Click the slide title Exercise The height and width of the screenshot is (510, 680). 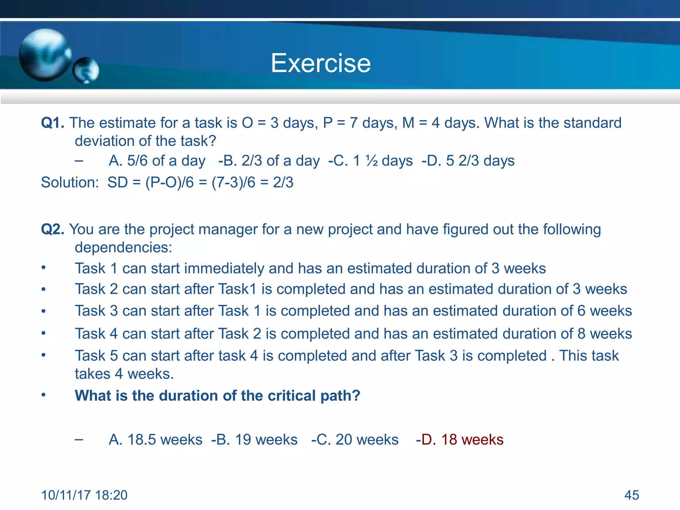pos(320,63)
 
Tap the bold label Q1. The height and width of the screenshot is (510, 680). pos(52,123)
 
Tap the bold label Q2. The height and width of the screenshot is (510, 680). pos(52,229)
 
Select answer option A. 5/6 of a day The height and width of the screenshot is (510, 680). pos(157,161)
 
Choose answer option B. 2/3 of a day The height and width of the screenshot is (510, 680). pos(272,161)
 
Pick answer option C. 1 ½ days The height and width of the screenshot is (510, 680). pos(373,161)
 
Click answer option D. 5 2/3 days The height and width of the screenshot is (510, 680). pos(470,161)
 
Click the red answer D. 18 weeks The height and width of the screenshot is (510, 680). pos(462,440)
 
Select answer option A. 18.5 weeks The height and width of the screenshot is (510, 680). pos(155,440)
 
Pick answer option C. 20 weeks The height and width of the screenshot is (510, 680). pos(357,440)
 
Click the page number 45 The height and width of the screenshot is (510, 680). pos(632,495)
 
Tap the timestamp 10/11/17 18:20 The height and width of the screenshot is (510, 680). pos(84,495)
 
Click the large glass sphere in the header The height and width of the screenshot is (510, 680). pos(45,55)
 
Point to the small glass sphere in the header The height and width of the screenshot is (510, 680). pos(86,70)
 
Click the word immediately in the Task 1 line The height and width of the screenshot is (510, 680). pos(224,269)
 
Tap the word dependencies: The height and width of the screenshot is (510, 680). pos(124,248)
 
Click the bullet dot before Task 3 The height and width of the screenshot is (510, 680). pos(43,311)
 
